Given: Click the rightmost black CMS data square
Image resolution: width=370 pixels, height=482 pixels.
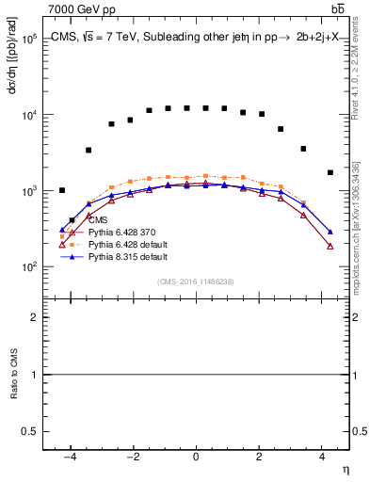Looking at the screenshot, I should point(330,172).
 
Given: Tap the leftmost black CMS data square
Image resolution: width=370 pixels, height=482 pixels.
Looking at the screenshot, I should point(62,190).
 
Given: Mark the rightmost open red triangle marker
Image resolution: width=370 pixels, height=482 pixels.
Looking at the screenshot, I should point(330,246).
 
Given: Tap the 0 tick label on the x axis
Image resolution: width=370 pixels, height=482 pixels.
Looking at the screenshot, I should point(196,456).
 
